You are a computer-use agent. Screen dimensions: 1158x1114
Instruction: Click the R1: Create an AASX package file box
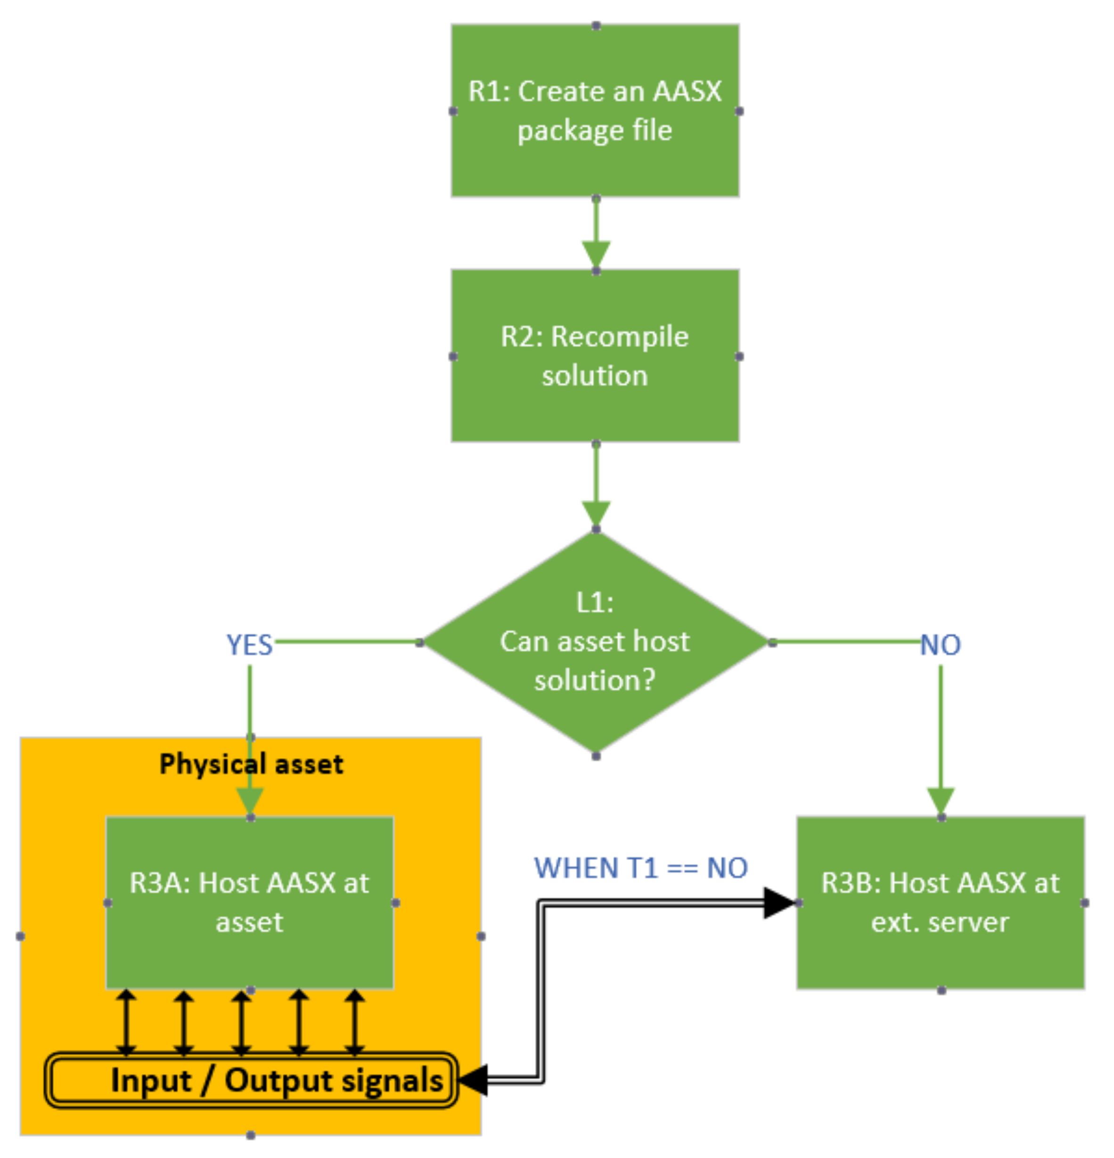tap(595, 110)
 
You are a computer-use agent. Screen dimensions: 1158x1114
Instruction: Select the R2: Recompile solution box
tap(595, 356)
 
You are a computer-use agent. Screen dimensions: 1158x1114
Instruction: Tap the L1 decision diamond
tap(595, 642)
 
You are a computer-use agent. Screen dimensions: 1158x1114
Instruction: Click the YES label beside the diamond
tap(249, 645)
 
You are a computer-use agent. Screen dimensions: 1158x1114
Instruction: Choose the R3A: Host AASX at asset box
tap(249, 902)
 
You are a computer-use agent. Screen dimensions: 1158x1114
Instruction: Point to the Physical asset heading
tap(251, 764)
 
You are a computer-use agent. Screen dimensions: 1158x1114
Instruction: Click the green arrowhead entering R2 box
tap(596, 255)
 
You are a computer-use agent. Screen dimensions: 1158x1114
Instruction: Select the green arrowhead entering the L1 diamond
tap(596, 513)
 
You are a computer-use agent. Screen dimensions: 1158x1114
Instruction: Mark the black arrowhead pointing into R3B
tap(779, 902)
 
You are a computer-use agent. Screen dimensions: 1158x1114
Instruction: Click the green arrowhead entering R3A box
tap(250, 802)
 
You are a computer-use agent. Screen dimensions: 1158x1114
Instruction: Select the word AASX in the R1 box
tap(687, 91)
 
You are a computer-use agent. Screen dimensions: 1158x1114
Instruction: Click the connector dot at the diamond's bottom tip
tap(596, 756)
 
